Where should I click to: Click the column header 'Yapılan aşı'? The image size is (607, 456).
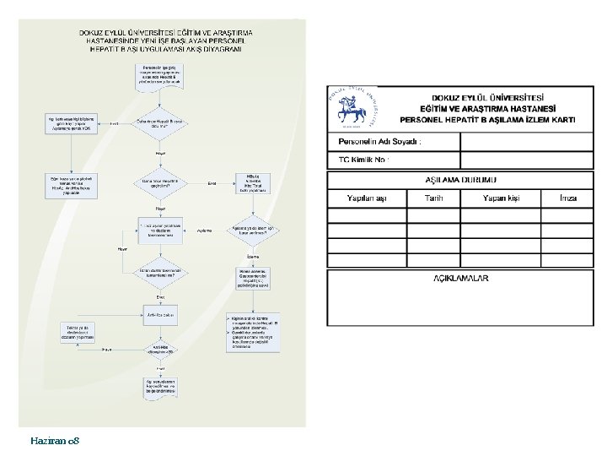click(x=367, y=198)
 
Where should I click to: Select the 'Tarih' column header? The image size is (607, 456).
click(x=433, y=198)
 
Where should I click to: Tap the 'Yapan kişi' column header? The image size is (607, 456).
click(x=499, y=198)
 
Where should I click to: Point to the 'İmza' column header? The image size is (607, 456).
click(x=568, y=198)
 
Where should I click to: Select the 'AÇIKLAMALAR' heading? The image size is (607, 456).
click(x=460, y=278)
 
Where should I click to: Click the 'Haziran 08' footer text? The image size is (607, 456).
click(x=55, y=441)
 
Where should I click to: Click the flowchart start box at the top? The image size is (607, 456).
click(x=160, y=73)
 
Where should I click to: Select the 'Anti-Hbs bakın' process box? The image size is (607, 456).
click(x=160, y=315)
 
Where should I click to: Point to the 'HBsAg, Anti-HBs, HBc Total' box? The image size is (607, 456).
click(x=254, y=183)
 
